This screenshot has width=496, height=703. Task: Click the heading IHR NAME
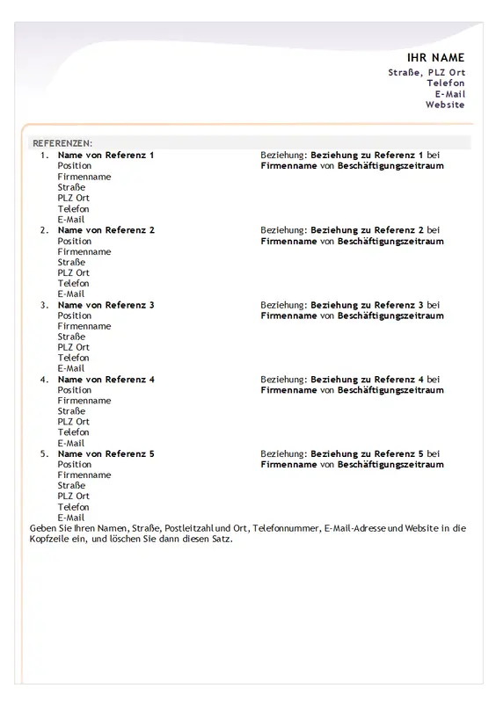435,57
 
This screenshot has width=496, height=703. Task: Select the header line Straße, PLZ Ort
427,72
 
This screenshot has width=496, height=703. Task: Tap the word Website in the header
445,105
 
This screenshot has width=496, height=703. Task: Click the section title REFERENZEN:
62,142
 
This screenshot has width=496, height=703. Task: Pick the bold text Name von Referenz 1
106,155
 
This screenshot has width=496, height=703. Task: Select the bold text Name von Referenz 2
106,229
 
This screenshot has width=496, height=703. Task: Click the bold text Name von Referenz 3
106,304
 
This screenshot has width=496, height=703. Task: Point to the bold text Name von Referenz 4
106,379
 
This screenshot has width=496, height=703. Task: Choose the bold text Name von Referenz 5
106,453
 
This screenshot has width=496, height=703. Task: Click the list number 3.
44,304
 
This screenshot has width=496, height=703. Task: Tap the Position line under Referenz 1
75,165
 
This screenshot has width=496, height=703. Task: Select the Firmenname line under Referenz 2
84,251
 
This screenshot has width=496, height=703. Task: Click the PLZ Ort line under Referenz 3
74,347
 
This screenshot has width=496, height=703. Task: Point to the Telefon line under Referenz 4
73,432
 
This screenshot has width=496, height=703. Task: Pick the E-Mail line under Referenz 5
71,518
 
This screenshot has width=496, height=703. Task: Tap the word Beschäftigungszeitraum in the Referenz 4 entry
390,389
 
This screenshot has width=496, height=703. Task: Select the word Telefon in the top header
446,83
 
